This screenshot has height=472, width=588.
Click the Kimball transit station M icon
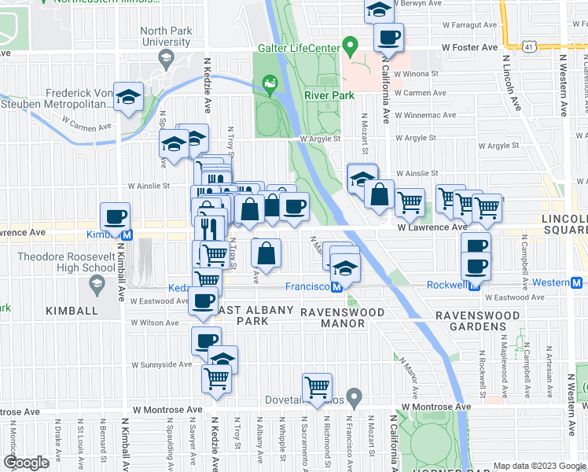click(x=126, y=234)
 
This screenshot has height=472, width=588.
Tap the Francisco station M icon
click(x=336, y=287)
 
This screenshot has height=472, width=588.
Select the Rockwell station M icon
click(x=475, y=285)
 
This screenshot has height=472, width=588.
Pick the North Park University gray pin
click(x=165, y=57)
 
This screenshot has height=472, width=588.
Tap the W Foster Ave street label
click(x=469, y=47)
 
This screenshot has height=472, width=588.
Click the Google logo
click(x=26, y=463)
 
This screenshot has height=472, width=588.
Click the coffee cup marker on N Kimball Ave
click(x=115, y=216)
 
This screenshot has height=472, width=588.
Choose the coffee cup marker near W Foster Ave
click(x=388, y=36)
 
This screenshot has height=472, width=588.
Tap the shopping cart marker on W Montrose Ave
click(x=317, y=386)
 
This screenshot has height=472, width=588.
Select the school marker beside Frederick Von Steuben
click(x=128, y=98)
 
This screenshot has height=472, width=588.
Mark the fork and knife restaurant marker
click(x=208, y=227)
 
